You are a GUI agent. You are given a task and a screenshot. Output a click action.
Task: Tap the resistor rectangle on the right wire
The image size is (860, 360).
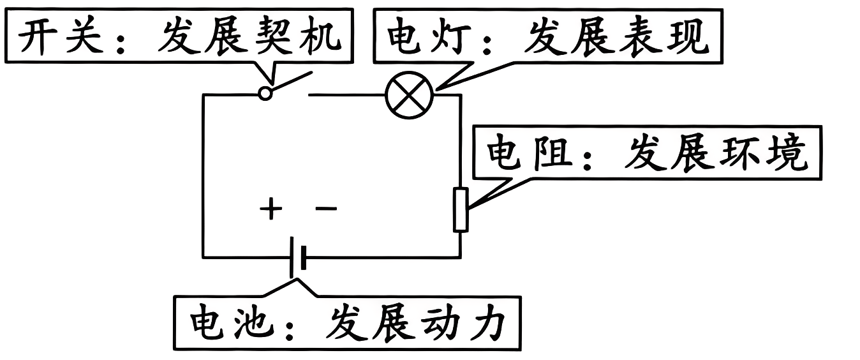[461, 209]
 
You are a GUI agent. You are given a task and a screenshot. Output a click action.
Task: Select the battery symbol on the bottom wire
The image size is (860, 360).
[298, 257]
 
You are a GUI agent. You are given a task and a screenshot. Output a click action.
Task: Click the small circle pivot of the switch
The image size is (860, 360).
[265, 94]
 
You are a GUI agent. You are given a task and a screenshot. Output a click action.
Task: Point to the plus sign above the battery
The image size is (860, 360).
[271, 209]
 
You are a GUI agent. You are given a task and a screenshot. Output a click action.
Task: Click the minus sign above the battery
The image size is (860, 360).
[327, 209]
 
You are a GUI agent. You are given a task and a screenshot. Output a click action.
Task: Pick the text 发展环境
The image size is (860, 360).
[715, 154]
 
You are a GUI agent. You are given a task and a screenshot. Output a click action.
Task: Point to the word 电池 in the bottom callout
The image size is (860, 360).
[230, 324]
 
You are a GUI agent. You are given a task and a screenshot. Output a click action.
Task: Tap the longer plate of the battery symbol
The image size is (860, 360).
[293, 257]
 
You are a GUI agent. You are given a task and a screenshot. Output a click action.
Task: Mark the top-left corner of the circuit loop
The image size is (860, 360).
[204, 95]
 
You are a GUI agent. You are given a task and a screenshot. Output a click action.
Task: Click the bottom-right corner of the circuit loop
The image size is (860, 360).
[460, 257]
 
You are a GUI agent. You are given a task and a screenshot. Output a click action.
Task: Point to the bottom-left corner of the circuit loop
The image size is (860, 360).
[204, 257]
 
